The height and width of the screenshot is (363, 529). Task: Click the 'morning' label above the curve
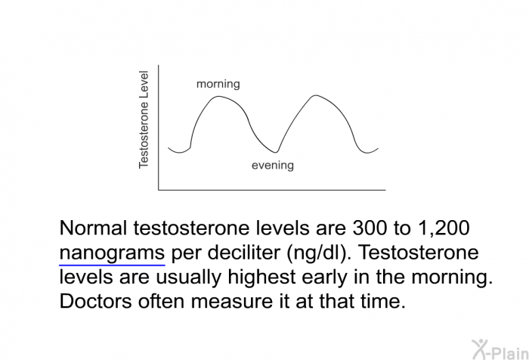coord(218,84)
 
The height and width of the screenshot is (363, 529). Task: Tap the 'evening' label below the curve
coord(272,166)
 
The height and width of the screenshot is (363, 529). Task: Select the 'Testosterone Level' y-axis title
coord(144,120)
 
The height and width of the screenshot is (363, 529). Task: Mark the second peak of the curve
coord(316,96)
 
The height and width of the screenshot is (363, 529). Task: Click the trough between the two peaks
coord(277,152)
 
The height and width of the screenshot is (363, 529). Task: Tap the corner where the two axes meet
coord(159,189)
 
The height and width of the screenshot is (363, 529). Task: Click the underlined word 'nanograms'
coord(112,253)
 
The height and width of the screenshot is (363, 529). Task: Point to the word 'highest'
coord(275,278)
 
